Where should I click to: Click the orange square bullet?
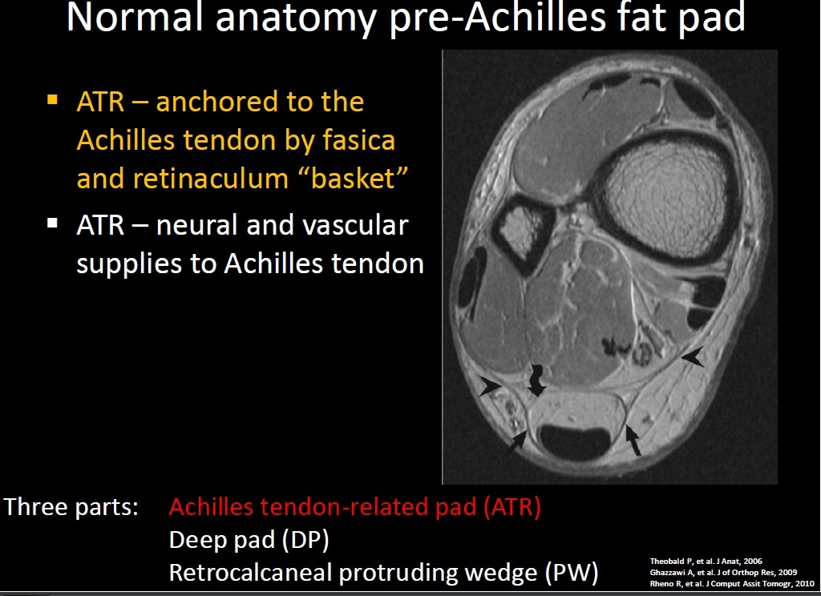click(52, 99)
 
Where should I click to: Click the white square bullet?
click(52, 223)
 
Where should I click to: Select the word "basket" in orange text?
click(353, 179)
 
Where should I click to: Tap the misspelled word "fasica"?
click(358, 140)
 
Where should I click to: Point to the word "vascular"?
click(355, 226)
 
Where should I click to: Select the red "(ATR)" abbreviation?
click(512, 506)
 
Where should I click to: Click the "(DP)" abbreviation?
click(305, 539)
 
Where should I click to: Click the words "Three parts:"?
click(71, 507)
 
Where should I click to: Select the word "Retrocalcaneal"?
click(250, 573)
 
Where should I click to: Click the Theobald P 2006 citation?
click(706, 562)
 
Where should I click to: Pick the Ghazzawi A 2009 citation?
click(724, 573)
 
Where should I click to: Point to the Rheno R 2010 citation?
click(732, 583)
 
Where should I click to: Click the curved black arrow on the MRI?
click(536, 381)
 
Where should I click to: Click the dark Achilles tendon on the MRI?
click(575, 441)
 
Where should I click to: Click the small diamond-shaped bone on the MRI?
click(523, 231)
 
